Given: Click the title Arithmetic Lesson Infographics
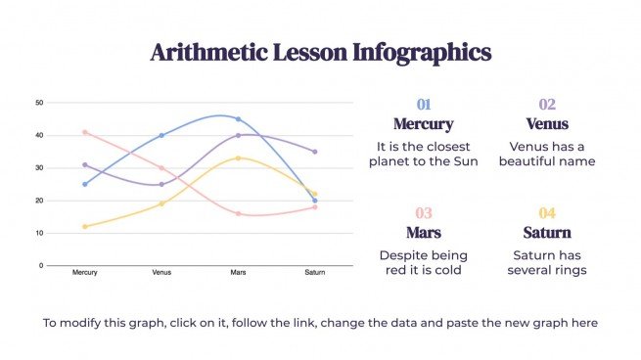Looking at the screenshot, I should (320, 52).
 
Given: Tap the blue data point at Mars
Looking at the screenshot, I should (238, 119).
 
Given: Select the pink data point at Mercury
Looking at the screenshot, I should (85, 132).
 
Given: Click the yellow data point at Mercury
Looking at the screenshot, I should (85, 226).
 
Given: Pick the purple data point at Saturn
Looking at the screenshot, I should (314, 152).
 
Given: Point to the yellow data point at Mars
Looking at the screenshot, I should (238, 157).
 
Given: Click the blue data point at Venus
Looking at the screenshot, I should (161, 135).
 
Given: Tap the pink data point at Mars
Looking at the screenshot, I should (238, 213).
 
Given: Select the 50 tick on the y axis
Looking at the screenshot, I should (38, 102).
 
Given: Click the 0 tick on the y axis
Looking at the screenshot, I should (41, 265).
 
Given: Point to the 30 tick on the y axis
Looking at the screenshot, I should (38, 167).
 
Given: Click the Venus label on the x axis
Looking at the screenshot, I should (161, 273).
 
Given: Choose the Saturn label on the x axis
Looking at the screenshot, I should (314, 273).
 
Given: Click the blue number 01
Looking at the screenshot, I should (423, 105).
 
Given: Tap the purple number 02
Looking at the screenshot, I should (546, 105).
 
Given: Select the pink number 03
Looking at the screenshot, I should (423, 213).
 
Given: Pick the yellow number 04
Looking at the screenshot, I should (546, 213).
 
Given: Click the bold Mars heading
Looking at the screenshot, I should (423, 233).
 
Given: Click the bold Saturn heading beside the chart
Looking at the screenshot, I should (546, 233).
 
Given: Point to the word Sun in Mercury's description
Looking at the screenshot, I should (465, 161).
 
